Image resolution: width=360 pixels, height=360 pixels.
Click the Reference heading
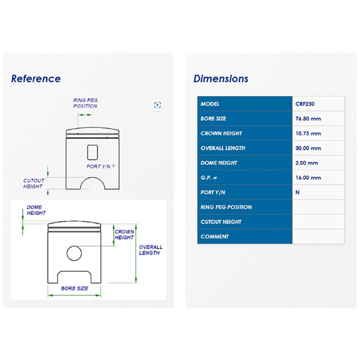pos(36,79)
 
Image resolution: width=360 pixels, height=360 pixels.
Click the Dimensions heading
pos(221,79)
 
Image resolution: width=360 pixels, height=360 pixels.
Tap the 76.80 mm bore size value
pos(308,119)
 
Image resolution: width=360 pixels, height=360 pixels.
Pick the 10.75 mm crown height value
pos(308,133)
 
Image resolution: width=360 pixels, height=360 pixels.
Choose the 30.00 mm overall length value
pos(308,148)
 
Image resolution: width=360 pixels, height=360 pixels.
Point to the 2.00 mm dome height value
pos(306,163)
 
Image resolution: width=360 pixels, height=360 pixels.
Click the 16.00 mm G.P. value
pos(308,178)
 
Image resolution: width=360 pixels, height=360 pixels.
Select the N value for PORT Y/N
pos(297,193)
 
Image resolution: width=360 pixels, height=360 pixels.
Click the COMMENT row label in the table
pos(214,237)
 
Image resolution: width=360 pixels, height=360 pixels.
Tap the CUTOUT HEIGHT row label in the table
pos(221,222)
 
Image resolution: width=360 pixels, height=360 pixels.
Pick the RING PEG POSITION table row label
pos(226,207)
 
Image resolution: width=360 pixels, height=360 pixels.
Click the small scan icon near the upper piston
pos(157,105)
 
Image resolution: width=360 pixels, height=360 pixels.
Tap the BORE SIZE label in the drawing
pos(75,289)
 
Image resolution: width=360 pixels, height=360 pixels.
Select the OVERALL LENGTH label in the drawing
pos(150,250)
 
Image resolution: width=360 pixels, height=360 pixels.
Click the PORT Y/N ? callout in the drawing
pos(101,166)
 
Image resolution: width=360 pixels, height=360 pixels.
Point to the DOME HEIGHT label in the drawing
pos(36,210)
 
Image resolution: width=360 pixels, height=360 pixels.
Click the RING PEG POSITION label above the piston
pos(85,103)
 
